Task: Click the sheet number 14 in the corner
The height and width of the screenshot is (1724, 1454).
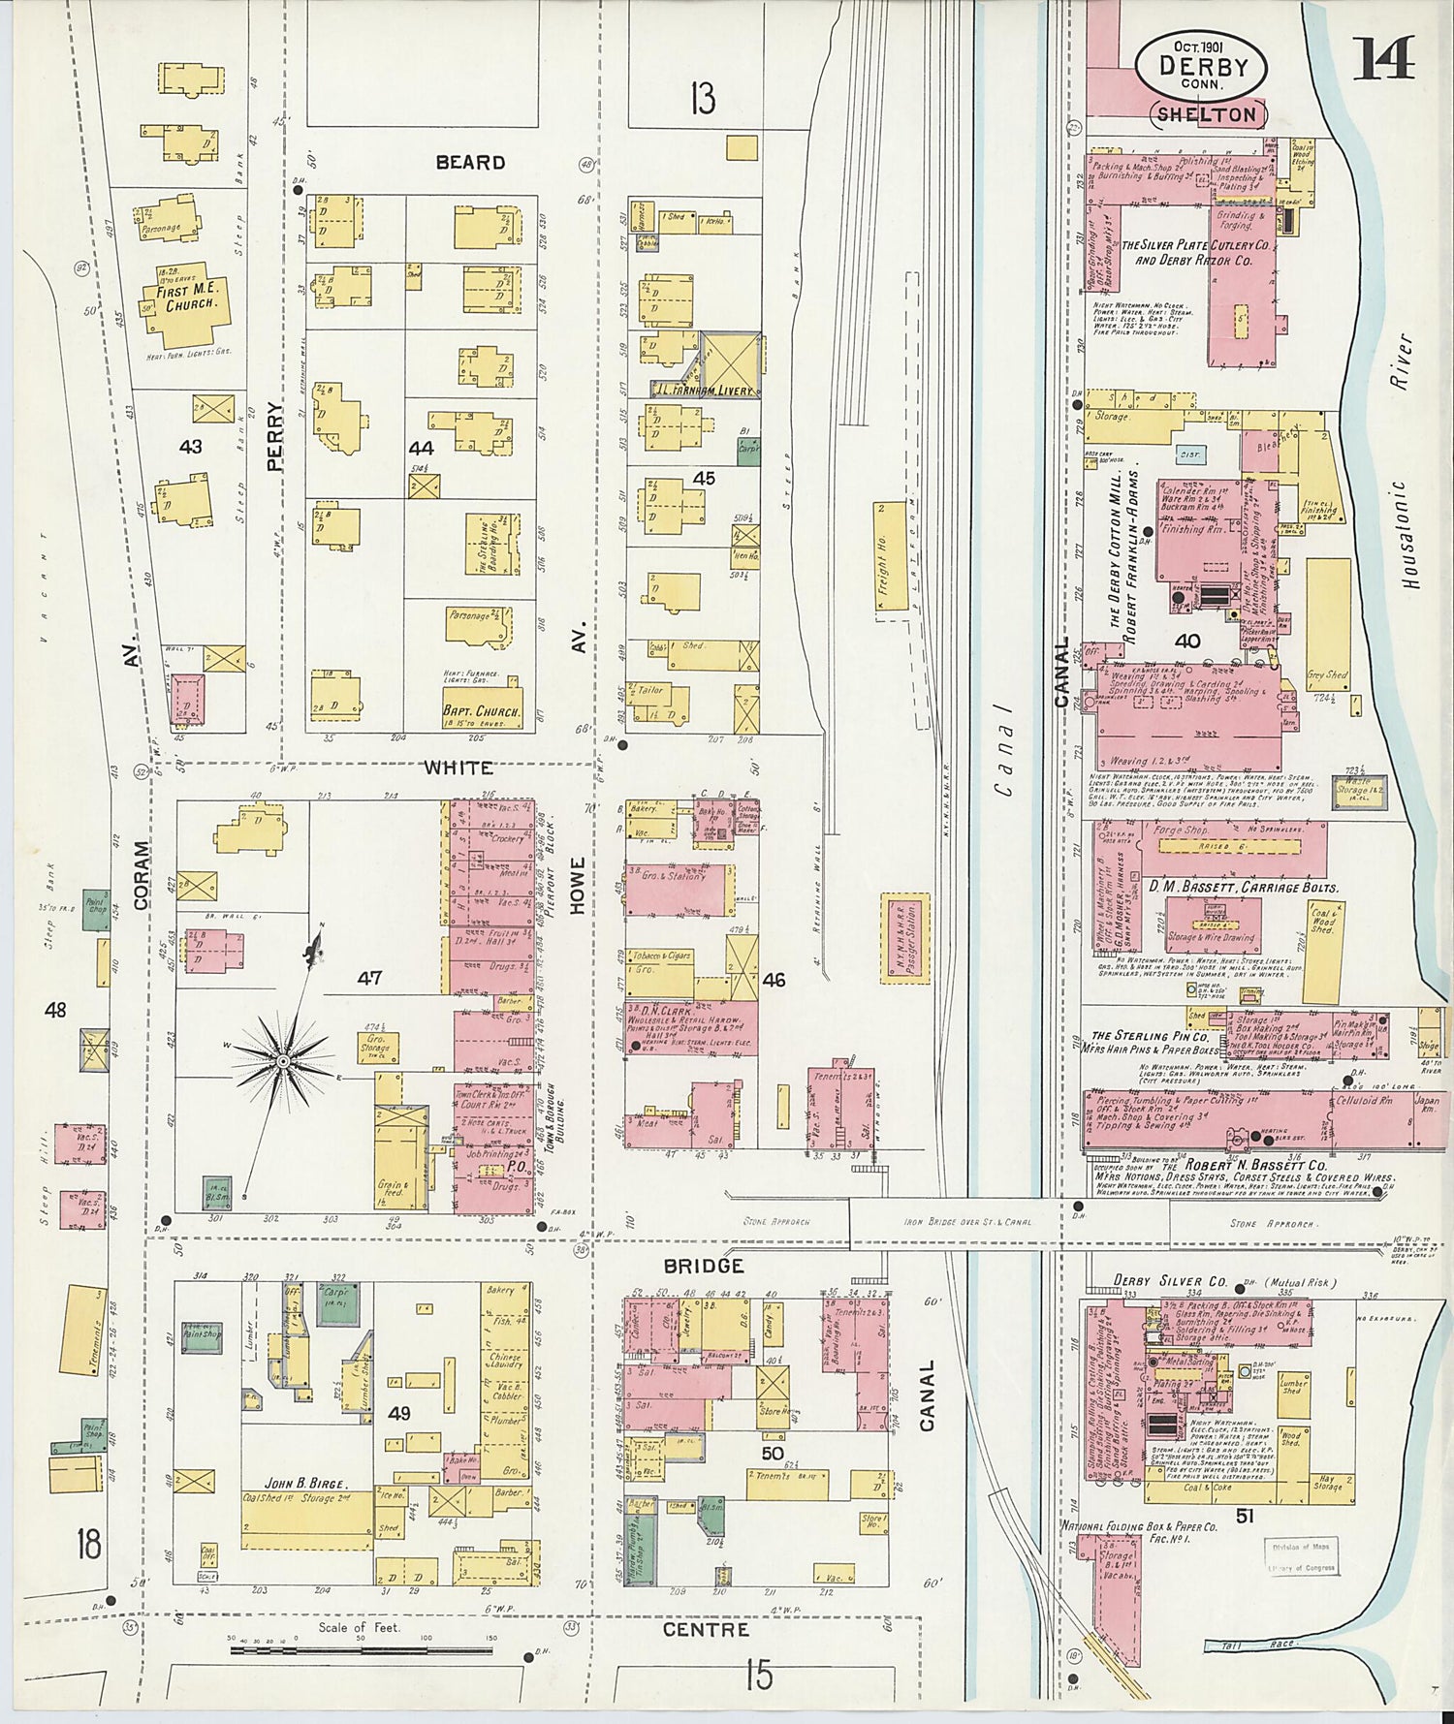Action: [1383, 58]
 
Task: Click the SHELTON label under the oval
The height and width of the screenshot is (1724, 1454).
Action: [1208, 113]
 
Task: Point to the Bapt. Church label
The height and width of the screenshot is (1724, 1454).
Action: [480, 710]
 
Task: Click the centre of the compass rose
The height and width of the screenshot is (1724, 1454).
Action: [282, 1061]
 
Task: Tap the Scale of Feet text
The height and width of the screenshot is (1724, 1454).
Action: [358, 1627]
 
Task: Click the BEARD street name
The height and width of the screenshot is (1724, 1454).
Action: [470, 162]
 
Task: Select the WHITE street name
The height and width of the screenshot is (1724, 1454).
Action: [458, 768]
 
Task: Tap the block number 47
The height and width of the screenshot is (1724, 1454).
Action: [369, 978]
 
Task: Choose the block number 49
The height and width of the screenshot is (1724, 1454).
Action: [399, 1414]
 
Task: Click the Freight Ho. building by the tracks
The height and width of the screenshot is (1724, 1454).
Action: [882, 557]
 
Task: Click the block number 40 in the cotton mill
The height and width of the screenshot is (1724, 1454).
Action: [1187, 641]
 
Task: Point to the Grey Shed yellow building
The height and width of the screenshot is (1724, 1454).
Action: [1326, 675]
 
